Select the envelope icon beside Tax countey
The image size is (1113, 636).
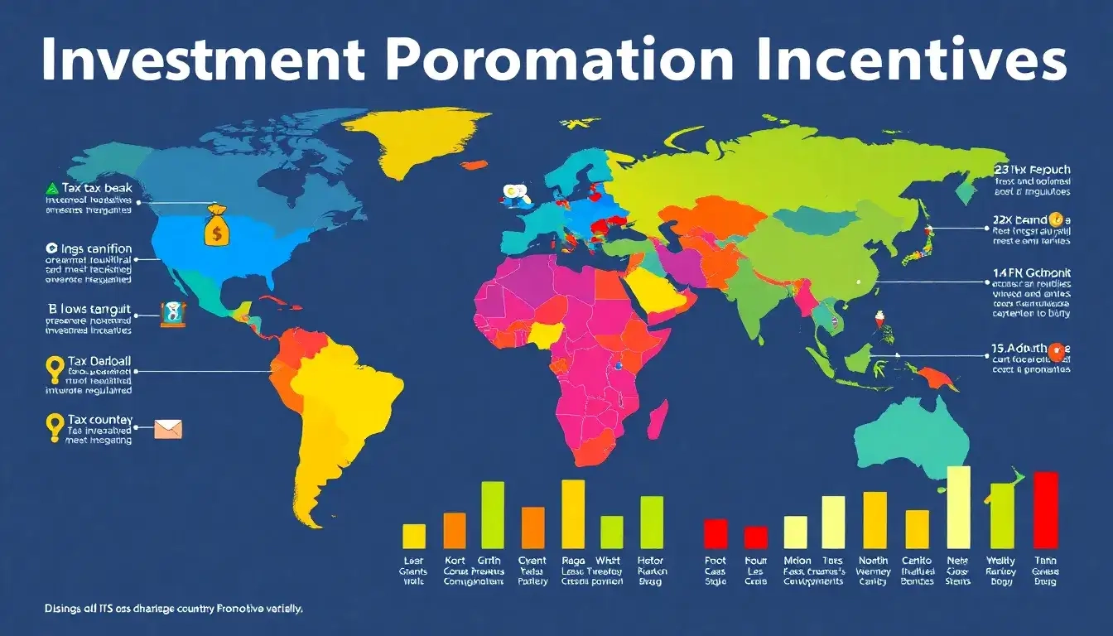point(168,428)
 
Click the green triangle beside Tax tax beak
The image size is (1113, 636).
point(51,189)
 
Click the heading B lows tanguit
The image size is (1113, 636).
point(89,308)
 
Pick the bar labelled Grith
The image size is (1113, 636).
point(493,514)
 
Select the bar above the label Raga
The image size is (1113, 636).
point(573,513)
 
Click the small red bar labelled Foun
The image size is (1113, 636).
point(756,537)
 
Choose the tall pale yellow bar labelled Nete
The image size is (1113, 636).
point(958,507)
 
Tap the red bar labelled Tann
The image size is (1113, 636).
point(1046,509)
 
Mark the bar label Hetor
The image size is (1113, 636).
point(652,561)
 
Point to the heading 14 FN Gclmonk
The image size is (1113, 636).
point(1031,272)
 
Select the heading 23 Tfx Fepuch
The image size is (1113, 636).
point(1031,169)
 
